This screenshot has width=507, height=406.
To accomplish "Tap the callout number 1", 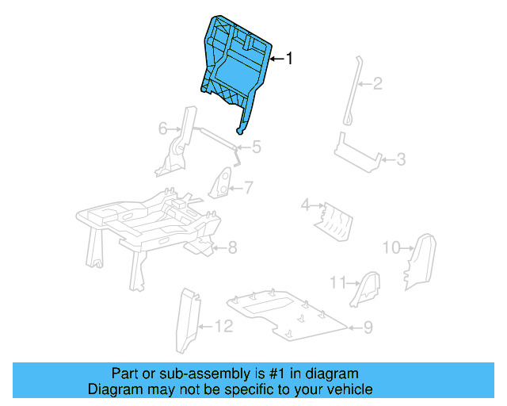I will tap(289, 58).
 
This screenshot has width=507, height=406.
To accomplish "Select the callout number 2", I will tap(378, 83).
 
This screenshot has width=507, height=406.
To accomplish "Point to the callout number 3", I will tap(401, 160).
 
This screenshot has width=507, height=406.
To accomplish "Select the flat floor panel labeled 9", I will tap(289, 313).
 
